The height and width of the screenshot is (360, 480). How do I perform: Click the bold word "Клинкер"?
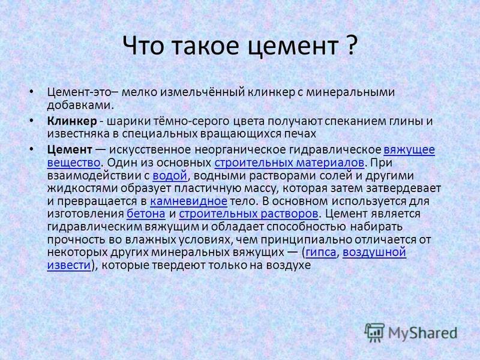tap(72, 121)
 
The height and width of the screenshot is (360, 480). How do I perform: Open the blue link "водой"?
tap(170, 176)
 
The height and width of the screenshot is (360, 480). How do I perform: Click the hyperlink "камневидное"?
tap(188, 201)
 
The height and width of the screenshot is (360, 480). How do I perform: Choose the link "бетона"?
tap(146, 214)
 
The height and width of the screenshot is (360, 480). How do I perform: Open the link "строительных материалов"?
tap(289, 163)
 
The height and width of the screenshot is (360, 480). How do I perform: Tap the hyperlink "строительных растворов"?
tap(248, 214)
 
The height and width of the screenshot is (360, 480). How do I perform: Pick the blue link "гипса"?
tap(321, 252)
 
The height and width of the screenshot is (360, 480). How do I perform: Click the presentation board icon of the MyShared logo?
tap(374, 332)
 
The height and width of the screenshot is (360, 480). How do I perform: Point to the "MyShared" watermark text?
tap(423, 333)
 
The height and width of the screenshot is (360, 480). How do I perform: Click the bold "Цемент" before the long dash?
tap(70, 150)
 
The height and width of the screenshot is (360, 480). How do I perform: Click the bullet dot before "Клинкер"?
tap(31, 121)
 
